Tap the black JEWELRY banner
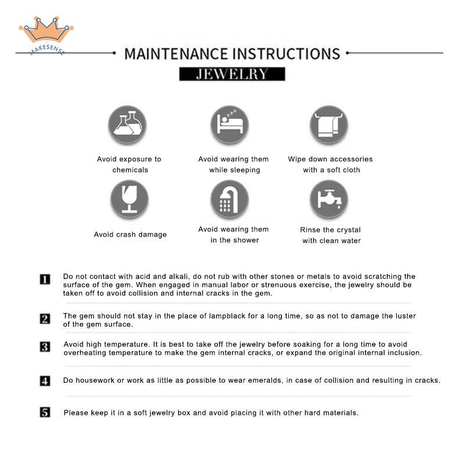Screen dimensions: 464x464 pyautogui.click(x=232, y=74)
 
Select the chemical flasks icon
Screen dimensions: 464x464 pyautogui.click(x=128, y=125)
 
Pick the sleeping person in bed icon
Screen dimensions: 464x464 pyautogui.click(x=230, y=125)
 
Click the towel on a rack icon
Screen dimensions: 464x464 pyautogui.click(x=329, y=125)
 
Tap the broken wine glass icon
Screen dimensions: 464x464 pyautogui.click(x=129, y=199)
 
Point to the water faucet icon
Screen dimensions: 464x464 pyautogui.click(x=329, y=199)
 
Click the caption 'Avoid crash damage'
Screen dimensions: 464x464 pyautogui.click(x=130, y=234)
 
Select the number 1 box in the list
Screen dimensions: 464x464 pyautogui.click(x=45, y=280)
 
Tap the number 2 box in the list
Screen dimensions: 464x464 pyautogui.click(x=45, y=318)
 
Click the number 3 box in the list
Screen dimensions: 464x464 pyautogui.click(x=45, y=347)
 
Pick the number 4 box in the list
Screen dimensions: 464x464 pyautogui.click(x=45, y=381)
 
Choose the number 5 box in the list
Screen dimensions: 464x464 pyautogui.click(x=45, y=412)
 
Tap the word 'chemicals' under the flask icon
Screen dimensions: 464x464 pyautogui.click(x=130, y=170)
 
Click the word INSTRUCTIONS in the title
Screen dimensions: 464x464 pyautogui.click(x=287, y=54)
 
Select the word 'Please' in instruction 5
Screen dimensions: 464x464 pyautogui.click(x=75, y=413)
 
